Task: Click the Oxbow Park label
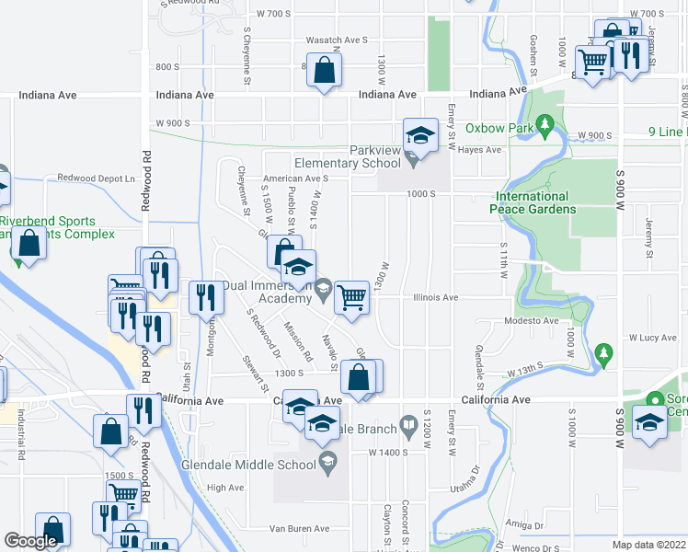[499, 128]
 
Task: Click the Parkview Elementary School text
[347, 156]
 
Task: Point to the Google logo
[31, 542]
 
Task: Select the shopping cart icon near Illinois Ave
[350, 296]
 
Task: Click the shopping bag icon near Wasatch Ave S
[324, 69]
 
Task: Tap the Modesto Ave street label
[532, 321]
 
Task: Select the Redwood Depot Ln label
[96, 178]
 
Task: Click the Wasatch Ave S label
[337, 40]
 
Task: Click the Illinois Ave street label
[435, 298]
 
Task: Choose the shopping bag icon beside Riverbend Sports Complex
[29, 244]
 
